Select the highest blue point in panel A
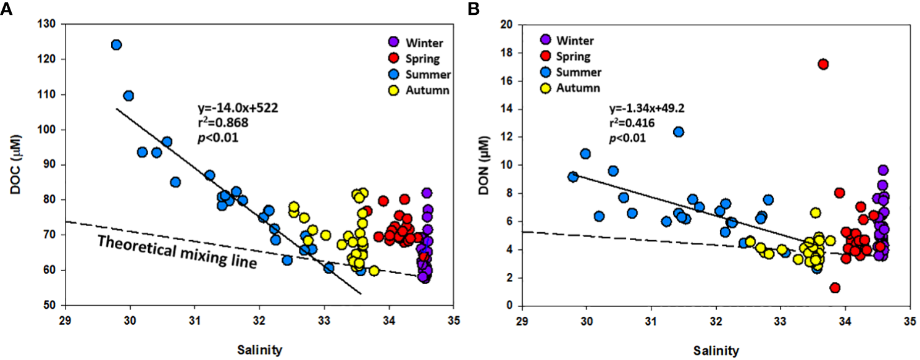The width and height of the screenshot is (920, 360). (116, 44)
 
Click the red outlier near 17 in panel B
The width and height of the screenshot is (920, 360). (823, 64)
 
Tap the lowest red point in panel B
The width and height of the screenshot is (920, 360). (835, 288)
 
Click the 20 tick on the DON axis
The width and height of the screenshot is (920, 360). (507, 24)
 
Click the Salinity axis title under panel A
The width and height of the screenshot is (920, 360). (260, 350)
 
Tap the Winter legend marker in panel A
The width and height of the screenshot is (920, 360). (392, 42)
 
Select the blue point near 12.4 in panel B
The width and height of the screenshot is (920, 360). (678, 132)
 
